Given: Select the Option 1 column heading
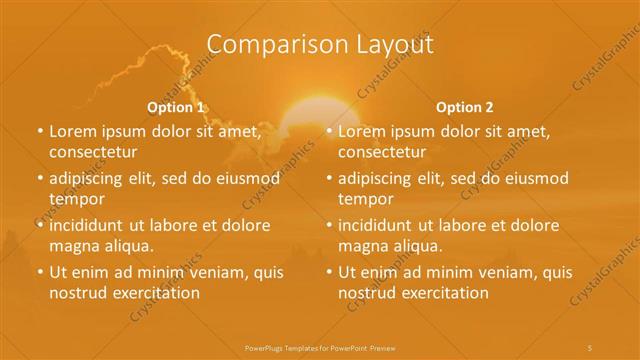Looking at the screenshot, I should click(176, 106).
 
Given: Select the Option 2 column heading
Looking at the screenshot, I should click(465, 106).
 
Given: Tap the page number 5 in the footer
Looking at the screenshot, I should click(591, 346).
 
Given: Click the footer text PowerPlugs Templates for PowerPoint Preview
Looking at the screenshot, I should click(319, 346).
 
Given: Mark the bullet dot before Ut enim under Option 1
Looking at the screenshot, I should click(39, 272).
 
